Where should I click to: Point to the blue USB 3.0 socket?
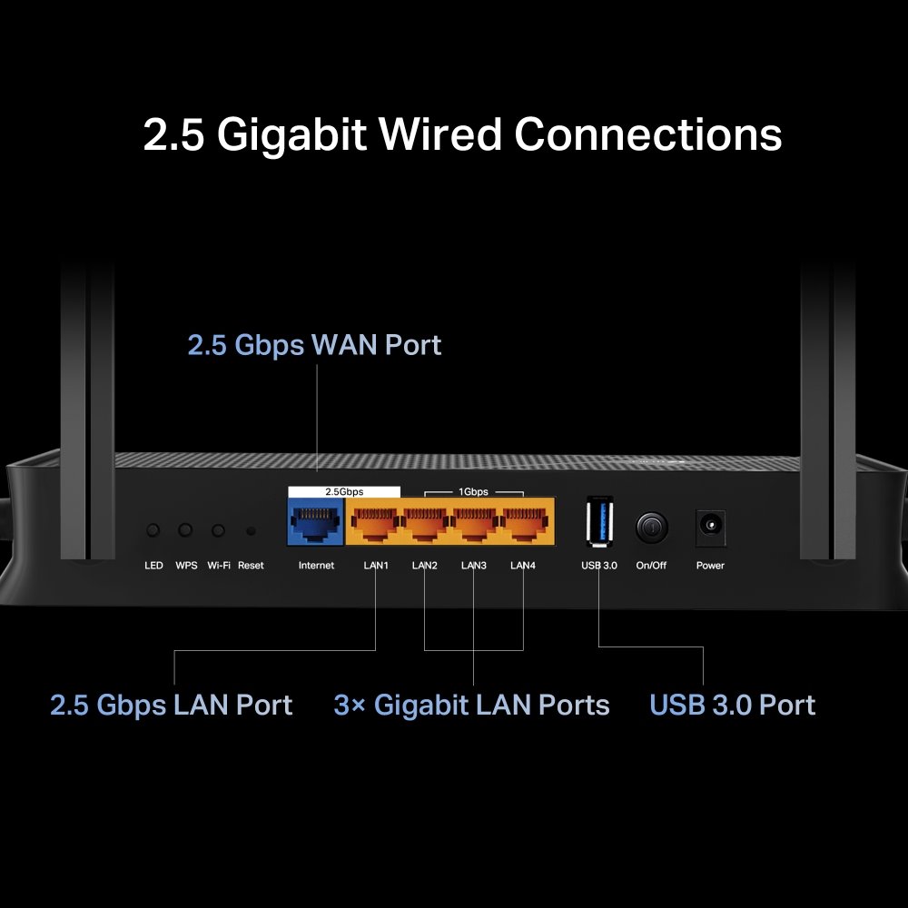[x=600, y=522]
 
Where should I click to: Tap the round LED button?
[x=153, y=529]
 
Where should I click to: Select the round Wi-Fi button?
[x=218, y=529]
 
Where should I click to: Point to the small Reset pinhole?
[x=251, y=530]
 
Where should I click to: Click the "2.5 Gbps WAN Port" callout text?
[x=314, y=345]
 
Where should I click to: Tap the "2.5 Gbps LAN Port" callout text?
[x=171, y=706]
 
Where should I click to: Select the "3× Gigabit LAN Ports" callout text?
[x=471, y=706]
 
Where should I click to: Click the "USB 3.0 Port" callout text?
[x=732, y=706]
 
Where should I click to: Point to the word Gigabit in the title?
[x=291, y=134]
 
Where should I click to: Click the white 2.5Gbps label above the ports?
[x=344, y=491]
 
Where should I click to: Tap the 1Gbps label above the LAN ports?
[x=473, y=491]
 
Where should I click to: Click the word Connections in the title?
[x=648, y=134]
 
